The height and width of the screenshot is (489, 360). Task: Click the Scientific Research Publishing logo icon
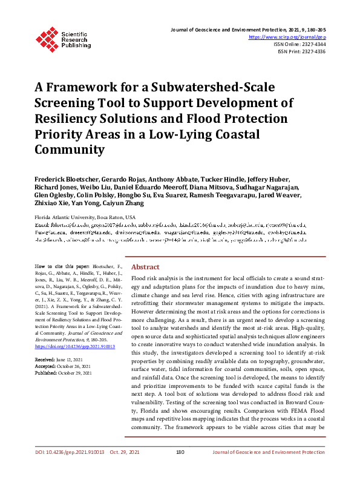point(45,38)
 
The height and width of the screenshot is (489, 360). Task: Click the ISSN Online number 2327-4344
point(312,44)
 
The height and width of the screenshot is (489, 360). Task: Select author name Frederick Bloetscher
point(68,180)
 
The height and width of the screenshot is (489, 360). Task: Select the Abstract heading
point(145,267)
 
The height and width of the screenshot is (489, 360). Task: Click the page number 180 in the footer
point(180,468)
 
